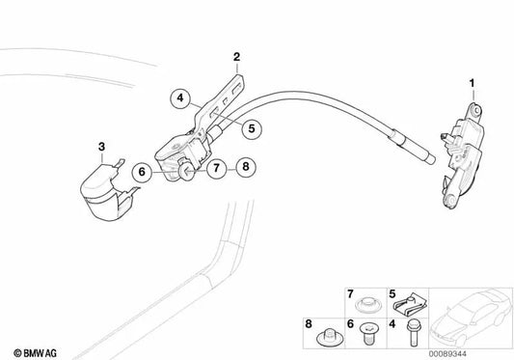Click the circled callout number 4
[180, 97]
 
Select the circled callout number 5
[252, 128]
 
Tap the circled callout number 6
[142, 172]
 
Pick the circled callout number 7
[216, 168]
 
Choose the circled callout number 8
[246, 167]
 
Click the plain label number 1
[472, 83]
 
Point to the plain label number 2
[236, 57]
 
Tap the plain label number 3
[101, 147]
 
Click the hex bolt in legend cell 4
[412, 332]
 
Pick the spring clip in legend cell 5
[410, 304]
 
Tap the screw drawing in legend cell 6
[369, 333]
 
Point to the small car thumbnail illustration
[471, 318]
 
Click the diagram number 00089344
[447, 354]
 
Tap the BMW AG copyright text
[35, 353]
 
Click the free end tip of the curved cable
[433, 160]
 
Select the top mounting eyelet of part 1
[476, 108]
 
